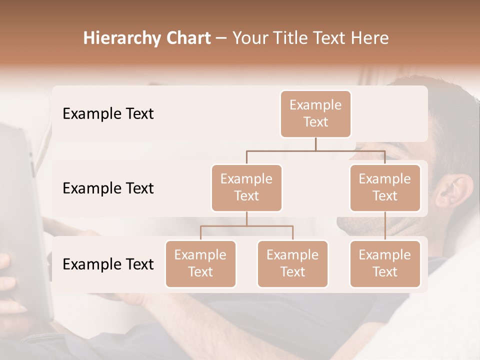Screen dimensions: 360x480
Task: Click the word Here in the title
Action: point(369,38)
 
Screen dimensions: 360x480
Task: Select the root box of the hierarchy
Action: point(315,113)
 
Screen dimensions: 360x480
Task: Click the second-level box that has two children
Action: point(246,187)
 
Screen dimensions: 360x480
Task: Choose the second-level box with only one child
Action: point(385,187)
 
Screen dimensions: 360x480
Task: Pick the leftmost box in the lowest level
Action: point(200,263)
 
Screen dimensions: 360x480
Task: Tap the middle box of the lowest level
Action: point(292,263)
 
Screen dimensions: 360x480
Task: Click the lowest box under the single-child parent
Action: point(385,263)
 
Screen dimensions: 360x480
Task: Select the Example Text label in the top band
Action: point(108,114)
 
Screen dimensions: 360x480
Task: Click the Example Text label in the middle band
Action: point(108,188)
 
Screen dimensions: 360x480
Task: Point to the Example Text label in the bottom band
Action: point(108,264)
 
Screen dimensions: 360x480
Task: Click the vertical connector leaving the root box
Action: point(315,144)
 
